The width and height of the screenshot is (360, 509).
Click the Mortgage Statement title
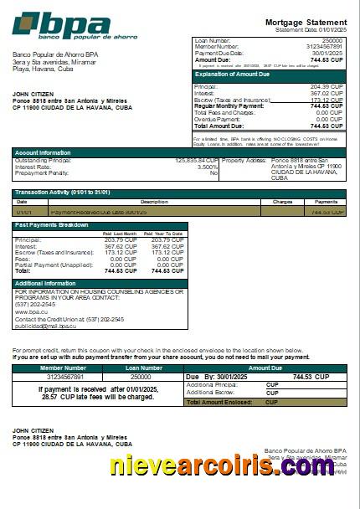(305, 22)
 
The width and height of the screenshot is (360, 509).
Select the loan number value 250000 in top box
(332, 40)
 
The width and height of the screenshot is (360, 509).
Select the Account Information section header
(43, 152)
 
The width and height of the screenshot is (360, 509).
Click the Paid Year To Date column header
(166, 234)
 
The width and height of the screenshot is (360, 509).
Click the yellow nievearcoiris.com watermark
(226, 465)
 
